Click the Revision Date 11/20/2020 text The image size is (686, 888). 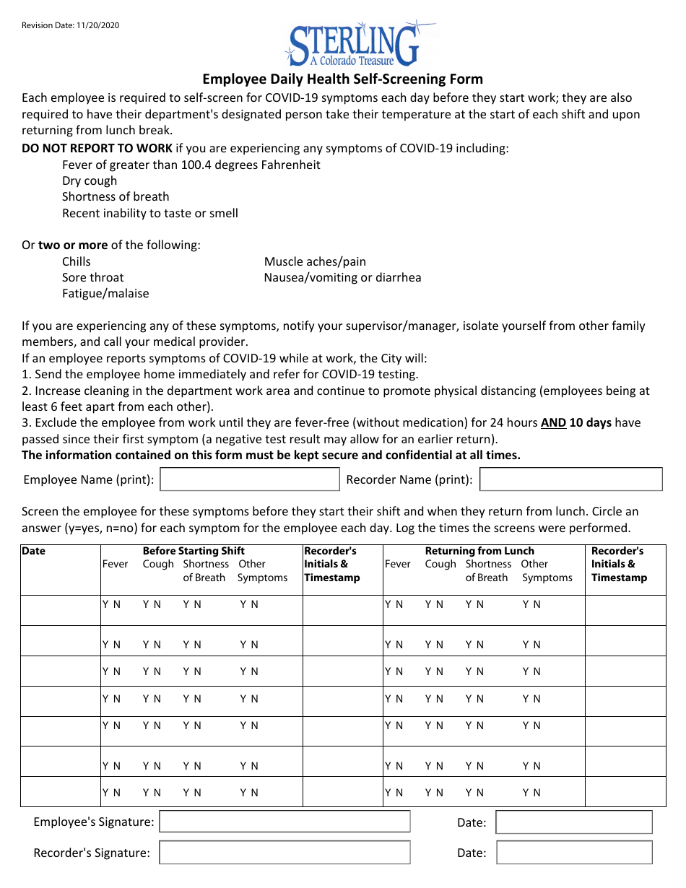70,25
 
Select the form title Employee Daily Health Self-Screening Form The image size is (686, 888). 342,79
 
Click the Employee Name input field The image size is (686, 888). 249,479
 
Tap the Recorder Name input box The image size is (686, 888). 570,479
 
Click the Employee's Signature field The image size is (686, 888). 285,822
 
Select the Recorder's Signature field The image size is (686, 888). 285,853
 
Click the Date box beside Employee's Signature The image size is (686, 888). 574,822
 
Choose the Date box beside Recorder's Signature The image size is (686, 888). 574,853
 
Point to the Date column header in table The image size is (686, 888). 33,551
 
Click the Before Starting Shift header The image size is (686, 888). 194,551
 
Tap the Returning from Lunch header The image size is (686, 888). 479,551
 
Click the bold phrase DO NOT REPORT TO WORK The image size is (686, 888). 97,149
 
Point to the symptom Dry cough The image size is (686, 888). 90,180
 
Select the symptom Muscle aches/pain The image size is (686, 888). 315,261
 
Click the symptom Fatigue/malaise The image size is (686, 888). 105,293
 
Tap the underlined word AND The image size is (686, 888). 553,423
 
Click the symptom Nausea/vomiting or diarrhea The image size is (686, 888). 342,277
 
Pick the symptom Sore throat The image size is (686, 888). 92,277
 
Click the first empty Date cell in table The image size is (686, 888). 60,610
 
